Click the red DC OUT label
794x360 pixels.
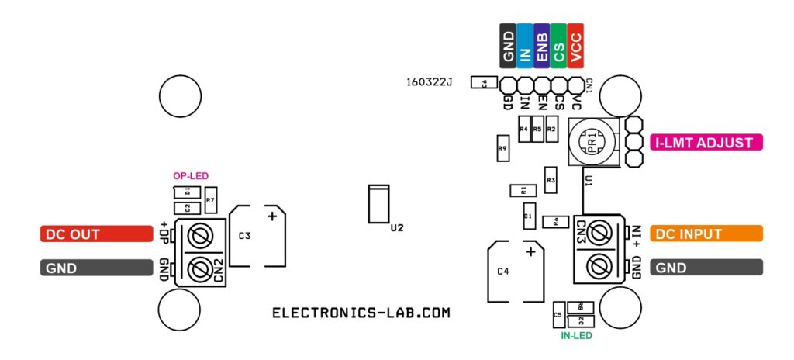[x=96, y=234]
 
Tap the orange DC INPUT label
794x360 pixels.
[x=706, y=234]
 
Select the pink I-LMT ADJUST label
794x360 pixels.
[x=706, y=143]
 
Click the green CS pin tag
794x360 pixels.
[x=558, y=44]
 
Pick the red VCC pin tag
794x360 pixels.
[x=575, y=44]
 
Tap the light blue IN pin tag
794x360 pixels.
[x=524, y=44]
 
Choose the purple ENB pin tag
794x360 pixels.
[x=541, y=44]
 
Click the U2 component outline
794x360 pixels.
[x=378, y=204]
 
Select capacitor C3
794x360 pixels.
[x=258, y=237]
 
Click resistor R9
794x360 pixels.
[x=502, y=147]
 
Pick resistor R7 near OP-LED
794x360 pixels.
[x=210, y=200]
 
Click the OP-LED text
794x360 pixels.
[x=190, y=176]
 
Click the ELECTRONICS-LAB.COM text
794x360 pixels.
[x=361, y=313]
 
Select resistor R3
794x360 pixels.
[x=551, y=180]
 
